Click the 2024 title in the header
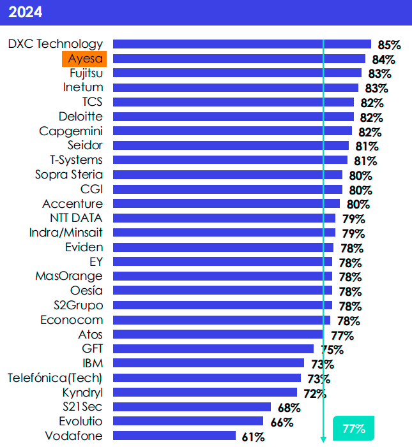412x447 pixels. pos(26,12)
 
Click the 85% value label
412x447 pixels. pos(389,45)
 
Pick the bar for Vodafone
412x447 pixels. pos(174,436)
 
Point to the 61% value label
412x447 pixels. pos(253,437)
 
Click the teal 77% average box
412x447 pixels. pos(353,429)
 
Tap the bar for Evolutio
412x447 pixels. pos(188,421)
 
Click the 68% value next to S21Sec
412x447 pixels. pos(289,407)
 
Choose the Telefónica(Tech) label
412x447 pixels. pos(55,377)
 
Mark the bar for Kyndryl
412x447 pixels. pos(205,392)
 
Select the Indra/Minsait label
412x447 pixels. pos(66,232)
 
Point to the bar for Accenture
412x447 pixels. pos(226,203)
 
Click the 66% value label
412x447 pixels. pos(282,422)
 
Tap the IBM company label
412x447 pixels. pos(93,363)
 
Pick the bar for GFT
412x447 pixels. pos(213,348)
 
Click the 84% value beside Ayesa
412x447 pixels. pos(383,60)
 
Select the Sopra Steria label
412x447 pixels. pos(69,174)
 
